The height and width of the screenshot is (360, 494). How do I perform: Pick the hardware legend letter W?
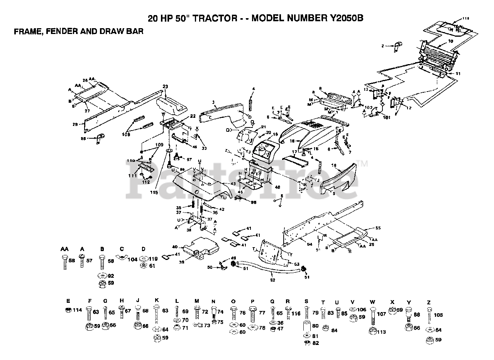[x=372, y=302]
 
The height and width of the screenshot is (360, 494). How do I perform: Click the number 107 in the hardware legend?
[x=381, y=314]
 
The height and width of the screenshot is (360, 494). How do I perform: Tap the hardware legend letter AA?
[x=64, y=249]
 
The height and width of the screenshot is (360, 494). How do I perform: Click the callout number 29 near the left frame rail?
[x=75, y=124]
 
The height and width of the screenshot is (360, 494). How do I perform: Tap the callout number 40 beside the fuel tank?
[x=174, y=247]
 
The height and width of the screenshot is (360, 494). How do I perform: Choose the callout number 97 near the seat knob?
[x=189, y=159]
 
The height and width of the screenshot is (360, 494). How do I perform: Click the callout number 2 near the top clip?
[x=383, y=46]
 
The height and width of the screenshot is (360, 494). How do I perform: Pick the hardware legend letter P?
[x=252, y=302]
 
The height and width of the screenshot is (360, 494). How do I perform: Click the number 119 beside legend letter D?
[x=153, y=259]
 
